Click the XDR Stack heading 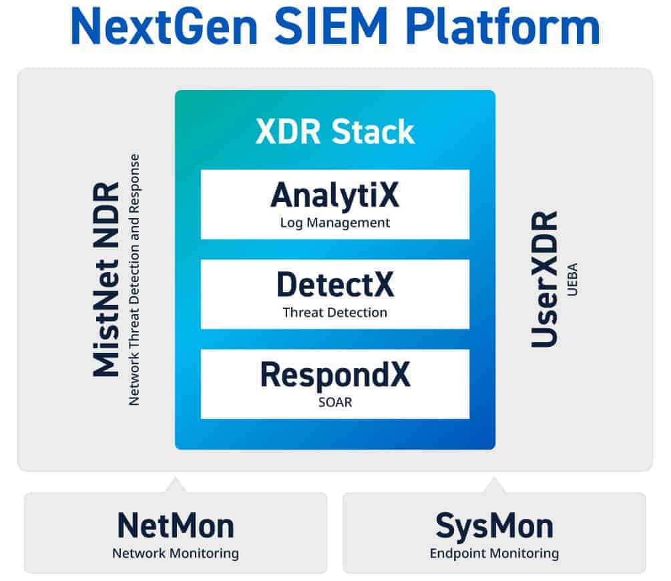(335, 132)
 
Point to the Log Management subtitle (334, 223)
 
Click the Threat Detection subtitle (334, 312)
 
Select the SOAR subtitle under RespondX (334, 403)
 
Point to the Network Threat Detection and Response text (135, 279)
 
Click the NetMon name (176, 526)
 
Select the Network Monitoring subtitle (176, 553)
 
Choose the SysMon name (494, 526)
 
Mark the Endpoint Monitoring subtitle (494, 553)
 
